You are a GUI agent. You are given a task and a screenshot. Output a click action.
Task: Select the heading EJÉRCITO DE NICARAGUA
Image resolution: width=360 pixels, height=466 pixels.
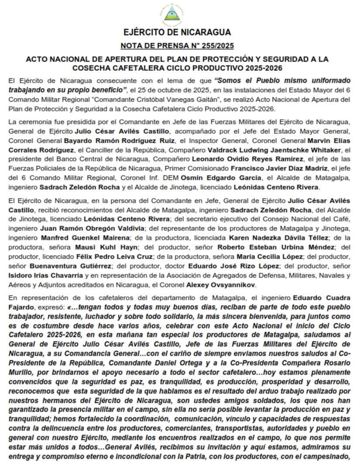[x=177, y=33]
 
